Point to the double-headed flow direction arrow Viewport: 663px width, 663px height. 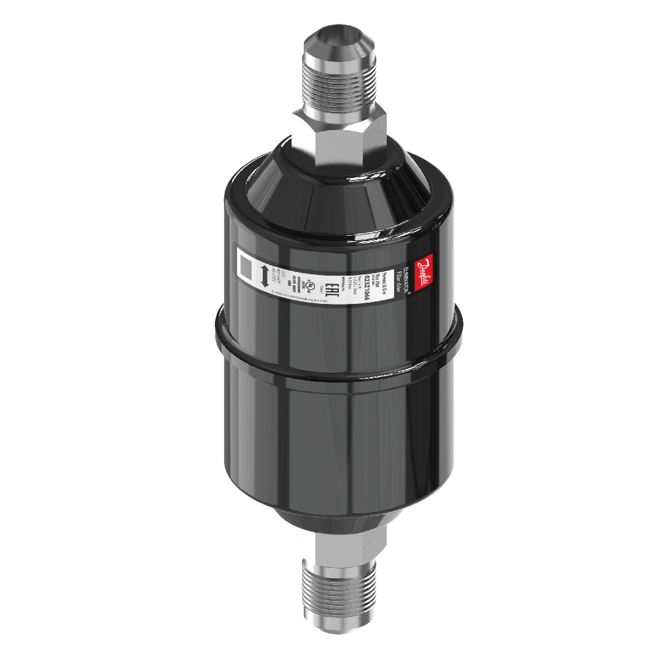[264, 276]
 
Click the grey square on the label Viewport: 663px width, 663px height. [247, 267]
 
